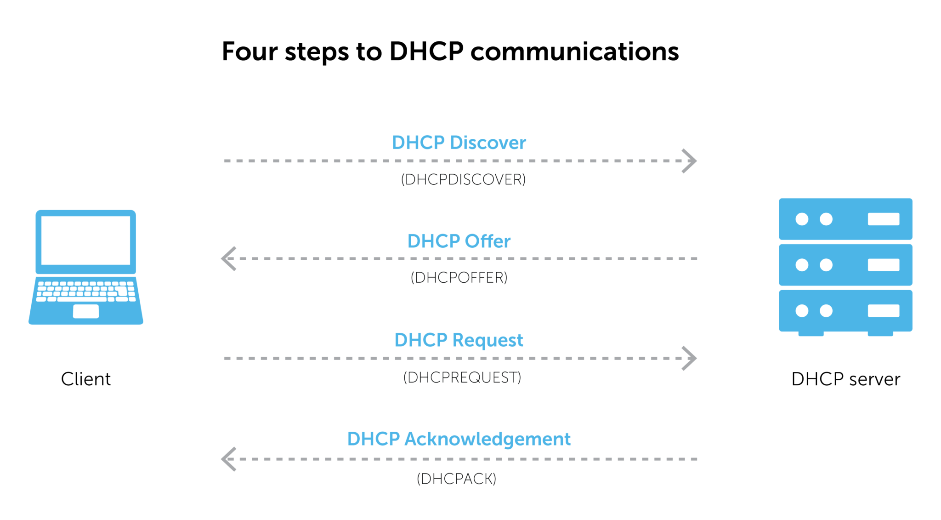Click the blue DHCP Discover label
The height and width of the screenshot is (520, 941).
point(457,143)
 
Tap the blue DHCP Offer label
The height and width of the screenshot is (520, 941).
point(459,240)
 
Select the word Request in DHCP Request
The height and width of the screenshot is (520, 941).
point(488,340)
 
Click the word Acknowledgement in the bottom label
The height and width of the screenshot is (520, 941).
point(487,439)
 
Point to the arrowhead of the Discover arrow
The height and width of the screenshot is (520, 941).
point(691,161)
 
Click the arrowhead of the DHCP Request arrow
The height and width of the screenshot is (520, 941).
point(691,358)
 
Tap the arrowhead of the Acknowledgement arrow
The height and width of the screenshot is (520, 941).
point(228,459)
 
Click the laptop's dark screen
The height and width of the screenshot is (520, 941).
point(85,249)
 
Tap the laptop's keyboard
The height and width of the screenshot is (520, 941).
point(86,294)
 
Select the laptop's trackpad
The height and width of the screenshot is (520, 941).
point(86,311)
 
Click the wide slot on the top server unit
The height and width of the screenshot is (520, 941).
point(883,219)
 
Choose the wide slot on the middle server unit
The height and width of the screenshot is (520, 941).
point(883,265)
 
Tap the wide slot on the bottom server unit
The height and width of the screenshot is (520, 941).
point(883,311)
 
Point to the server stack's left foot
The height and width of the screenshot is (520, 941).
point(811,334)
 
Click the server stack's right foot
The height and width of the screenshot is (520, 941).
point(880,334)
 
